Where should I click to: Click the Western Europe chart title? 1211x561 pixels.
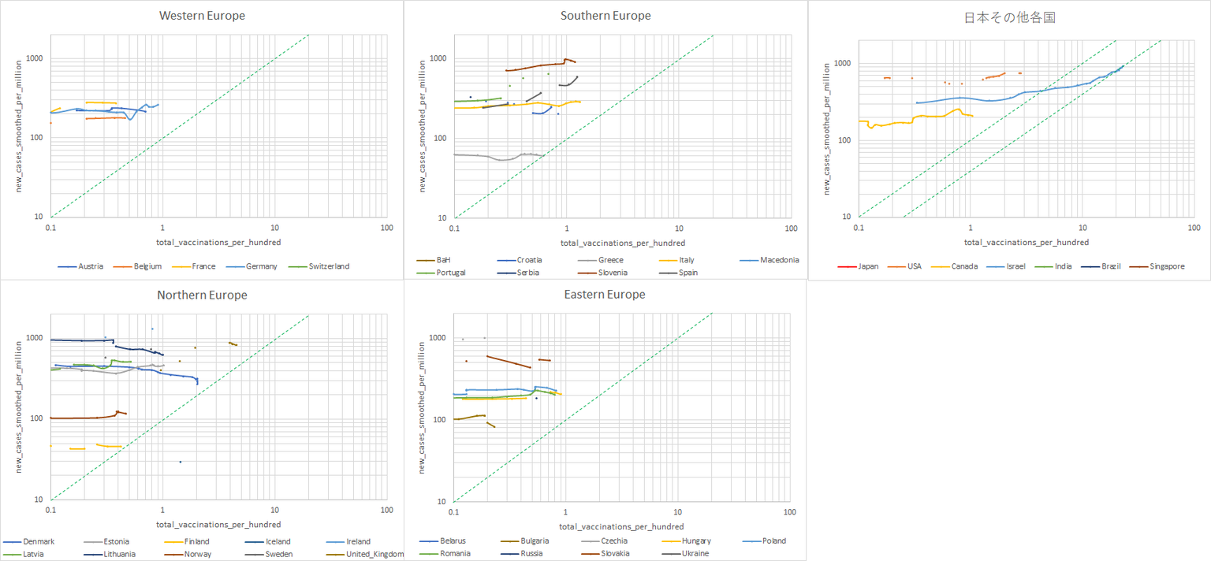202,16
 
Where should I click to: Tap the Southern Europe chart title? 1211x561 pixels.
605,16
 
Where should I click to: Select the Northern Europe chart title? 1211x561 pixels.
202,295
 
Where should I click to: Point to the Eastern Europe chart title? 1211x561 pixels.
605,295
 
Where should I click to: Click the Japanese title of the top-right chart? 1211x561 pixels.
1010,18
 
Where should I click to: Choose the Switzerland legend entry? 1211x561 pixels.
329,266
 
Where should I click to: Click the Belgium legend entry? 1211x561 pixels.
147,266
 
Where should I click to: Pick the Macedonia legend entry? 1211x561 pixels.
780,260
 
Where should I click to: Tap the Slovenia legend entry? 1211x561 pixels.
611,273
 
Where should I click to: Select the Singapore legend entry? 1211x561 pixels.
1167,266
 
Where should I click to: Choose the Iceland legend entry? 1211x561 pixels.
277,541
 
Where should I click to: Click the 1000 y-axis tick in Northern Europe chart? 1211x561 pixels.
36,338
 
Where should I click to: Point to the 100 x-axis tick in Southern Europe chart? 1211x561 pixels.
791,228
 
